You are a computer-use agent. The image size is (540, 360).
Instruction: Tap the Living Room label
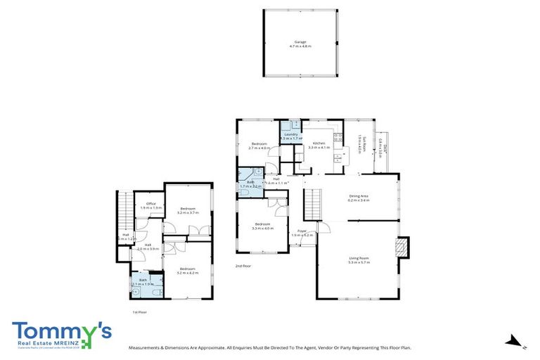(359, 259)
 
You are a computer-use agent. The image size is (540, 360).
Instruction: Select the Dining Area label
(359, 198)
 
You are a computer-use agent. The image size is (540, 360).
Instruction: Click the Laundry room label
(291, 136)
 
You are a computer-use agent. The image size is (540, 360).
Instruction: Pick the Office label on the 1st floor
(150, 205)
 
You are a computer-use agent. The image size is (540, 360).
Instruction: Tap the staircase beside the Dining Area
(311, 207)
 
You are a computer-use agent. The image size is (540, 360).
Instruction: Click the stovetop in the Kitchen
(337, 136)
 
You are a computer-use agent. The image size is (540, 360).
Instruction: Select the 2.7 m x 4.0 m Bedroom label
(259, 146)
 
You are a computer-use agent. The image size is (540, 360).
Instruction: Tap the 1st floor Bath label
(143, 282)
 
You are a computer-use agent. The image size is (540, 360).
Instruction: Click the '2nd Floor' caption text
(243, 266)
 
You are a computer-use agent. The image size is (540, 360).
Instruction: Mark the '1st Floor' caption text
(140, 311)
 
